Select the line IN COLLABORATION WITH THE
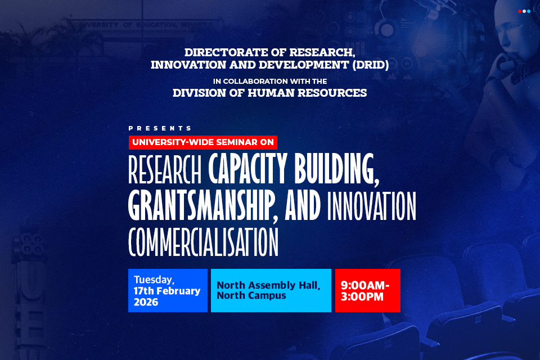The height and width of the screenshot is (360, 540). (x=270, y=81)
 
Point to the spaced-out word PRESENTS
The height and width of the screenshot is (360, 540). (x=160, y=128)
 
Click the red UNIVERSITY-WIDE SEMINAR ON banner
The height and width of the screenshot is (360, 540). (x=202, y=142)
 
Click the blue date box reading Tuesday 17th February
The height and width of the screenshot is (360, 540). (x=168, y=290)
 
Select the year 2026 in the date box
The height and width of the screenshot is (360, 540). (x=146, y=302)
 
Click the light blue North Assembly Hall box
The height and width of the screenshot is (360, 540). (x=271, y=290)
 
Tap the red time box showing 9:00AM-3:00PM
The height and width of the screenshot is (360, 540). (x=367, y=290)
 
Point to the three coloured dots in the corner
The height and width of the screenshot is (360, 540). (x=524, y=11)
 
